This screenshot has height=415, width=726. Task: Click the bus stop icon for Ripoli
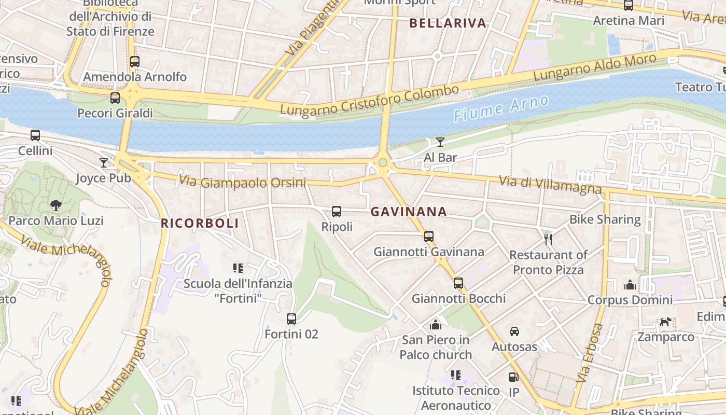(x=337, y=211)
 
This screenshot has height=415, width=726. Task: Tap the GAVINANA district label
(x=409, y=212)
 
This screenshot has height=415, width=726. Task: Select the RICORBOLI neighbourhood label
(x=200, y=224)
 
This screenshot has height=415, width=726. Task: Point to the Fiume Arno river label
(x=501, y=108)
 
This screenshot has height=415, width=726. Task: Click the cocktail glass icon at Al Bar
(x=440, y=142)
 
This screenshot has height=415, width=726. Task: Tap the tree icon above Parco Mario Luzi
(x=55, y=205)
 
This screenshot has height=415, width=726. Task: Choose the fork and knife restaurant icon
(x=548, y=239)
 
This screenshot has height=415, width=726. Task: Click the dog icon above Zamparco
(x=665, y=322)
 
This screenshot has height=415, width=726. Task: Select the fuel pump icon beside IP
(x=513, y=377)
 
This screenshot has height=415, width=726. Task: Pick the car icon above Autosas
(x=514, y=331)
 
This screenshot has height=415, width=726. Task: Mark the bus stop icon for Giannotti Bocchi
(x=458, y=283)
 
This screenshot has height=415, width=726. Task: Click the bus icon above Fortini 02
(x=291, y=319)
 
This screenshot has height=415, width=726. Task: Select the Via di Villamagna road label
(x=550, y=185)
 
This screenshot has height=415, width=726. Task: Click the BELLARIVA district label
(x=448, y=23)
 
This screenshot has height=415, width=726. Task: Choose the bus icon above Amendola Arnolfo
(x=135, y=61)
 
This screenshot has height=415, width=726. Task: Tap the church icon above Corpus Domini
(x=630, y=284)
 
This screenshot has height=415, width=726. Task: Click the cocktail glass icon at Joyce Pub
(x=104, y=163)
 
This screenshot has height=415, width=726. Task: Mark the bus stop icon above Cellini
(x=35, y=135)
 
